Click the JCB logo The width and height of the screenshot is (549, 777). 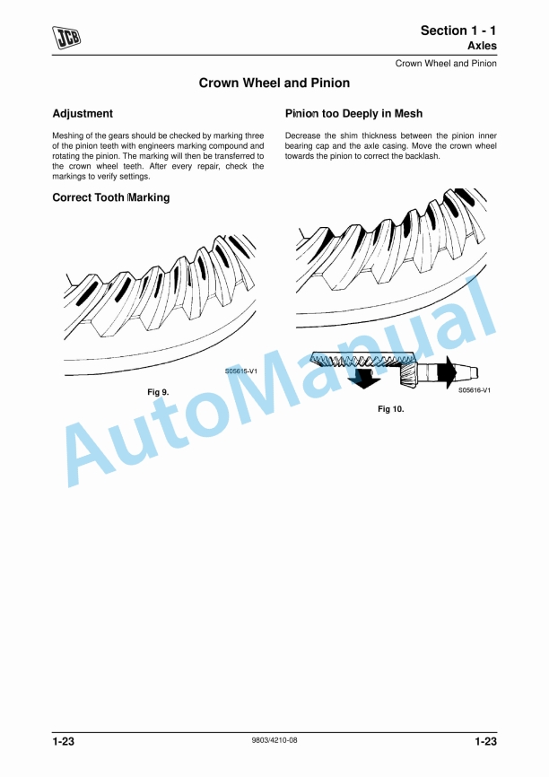[x=66, y=38]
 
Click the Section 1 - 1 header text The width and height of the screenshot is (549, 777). [x=458, y=31]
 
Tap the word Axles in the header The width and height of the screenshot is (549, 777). [x=482, y=46]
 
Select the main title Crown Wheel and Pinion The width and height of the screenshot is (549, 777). [x=274, y=83]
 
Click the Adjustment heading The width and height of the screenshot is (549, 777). [x=83, y=113]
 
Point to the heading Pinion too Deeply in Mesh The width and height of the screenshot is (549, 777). [x=353, y=113]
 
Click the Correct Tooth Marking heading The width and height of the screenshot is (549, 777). [x=111, y=197]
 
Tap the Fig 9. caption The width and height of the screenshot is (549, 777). [x=158, y=392]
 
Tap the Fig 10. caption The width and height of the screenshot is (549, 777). [x=391, y=409]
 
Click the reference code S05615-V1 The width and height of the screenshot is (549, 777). [x=241, y=371]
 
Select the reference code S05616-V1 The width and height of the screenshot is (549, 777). [x=475, y=390]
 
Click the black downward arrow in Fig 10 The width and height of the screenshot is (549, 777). [x=363, y=378]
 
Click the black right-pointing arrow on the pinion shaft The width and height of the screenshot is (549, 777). [x=448, y=371]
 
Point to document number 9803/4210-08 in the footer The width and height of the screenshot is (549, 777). [x=274, y=740]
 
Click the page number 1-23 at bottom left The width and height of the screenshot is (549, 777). [x=64, y=741]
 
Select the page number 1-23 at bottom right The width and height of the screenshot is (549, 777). [x=485, y=741]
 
